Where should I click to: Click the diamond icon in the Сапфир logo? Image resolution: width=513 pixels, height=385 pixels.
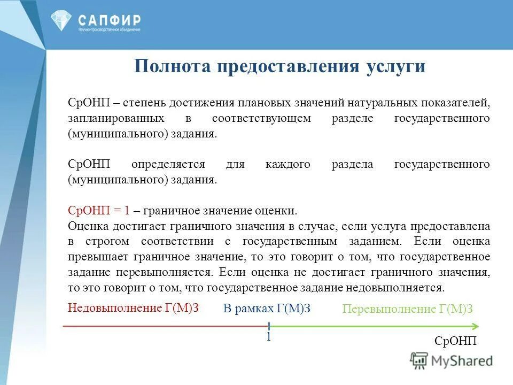point(61,20)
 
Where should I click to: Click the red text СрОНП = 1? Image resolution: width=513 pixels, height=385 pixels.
point(99,210)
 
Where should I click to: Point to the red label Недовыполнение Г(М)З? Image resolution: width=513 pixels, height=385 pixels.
point(130,307)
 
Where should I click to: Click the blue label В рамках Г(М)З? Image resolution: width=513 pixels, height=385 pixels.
point(267,309)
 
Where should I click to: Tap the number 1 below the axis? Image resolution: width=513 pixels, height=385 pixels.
point(269,337)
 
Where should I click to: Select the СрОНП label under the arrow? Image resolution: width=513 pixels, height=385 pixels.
point(455,341)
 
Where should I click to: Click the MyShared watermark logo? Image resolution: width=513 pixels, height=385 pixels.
point(452,360)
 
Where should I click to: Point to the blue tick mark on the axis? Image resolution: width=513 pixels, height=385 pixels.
point(269,326)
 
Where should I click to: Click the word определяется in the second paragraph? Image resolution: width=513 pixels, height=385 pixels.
point(169,164)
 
